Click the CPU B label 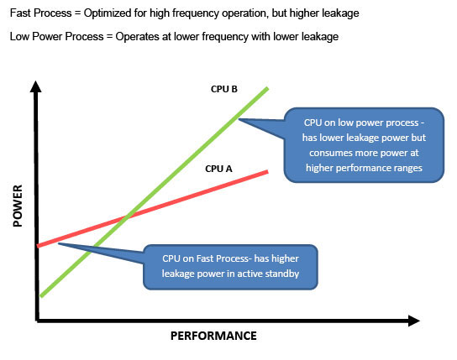pyautogui.click(x=223, y=89)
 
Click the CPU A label pyautogui.click(x=218, y=169)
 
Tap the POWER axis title pyautogui.click(x=18, y=206)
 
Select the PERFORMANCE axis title pyautogui.click(x=213, y=336)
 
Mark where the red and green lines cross pyautogui.click(x=126, y=217)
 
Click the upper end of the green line pyautogui.click(x=267, y=88)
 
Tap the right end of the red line pyautogui.click(x=267, y=172)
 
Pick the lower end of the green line pyautogui.click(x=42, y=296)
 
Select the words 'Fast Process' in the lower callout pyautogui.click(x=222, y=258)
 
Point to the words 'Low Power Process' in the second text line pyautogui.click(x=57, y=37)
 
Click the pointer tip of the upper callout pyautogui.click(x=239, y=119)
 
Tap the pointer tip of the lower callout pyautogui.click(x=58, y=243)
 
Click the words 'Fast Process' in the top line pyautogui.click(x=41, y=13)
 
